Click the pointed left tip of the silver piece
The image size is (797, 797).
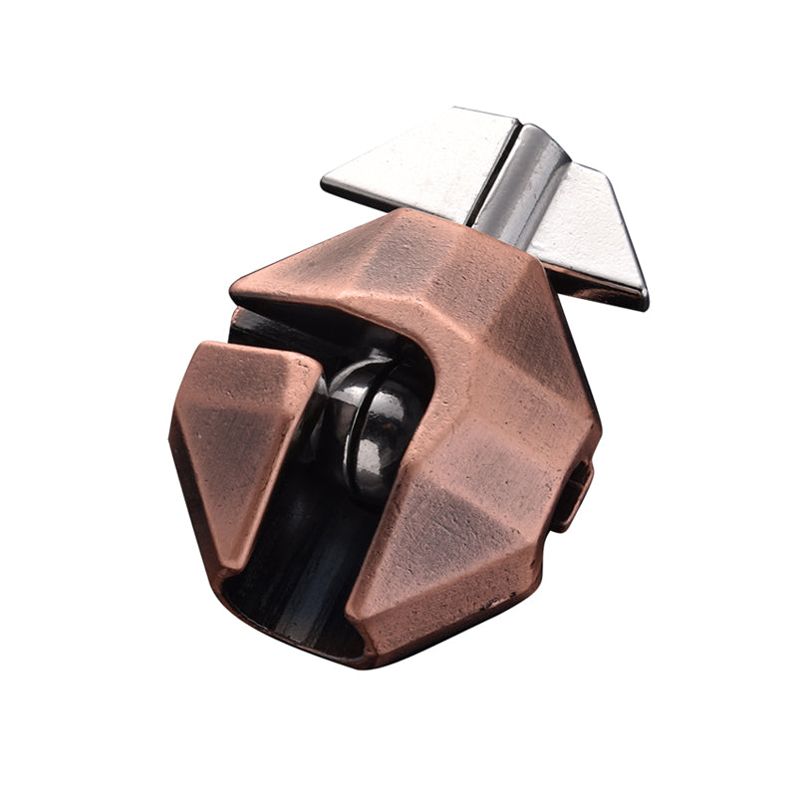pos(325,183)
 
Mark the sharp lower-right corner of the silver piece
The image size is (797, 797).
pos(644,303)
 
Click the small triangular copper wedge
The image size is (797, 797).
pos(239,428)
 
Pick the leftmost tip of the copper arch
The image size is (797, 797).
pos(233,290)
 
